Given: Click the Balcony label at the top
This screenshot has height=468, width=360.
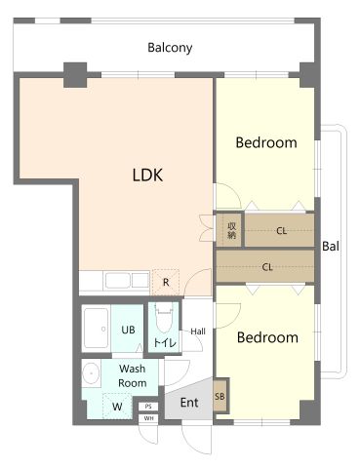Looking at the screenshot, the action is [x=170, y=48].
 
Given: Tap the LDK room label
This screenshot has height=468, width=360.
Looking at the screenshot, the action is [x=147, y=175].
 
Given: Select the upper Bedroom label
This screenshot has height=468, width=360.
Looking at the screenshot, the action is [x=266, y=142].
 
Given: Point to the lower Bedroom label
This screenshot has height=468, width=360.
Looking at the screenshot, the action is [x=267, y=337].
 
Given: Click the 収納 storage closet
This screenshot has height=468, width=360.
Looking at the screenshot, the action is [x=229, y=230].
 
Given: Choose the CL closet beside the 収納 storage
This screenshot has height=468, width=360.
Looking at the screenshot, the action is [x=280, y=230].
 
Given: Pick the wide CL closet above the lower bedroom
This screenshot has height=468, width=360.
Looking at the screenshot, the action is [x=265, y=266].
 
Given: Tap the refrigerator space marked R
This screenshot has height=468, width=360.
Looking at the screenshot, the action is [x=166, y=282].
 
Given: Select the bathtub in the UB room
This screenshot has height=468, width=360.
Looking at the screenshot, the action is [x=96, y=329].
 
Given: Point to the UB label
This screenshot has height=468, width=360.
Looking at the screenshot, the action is [x=128, y=330].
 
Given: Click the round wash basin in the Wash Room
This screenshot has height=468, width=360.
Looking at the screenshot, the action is [x=91, y=372].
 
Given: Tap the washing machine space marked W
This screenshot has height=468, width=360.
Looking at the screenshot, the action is [x=117, y=407].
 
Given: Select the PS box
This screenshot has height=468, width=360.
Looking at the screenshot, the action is [x=148, y=407].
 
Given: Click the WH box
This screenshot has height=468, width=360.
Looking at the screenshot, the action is [x=148, y=418].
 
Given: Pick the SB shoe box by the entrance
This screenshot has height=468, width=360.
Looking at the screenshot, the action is [x=220, y=397].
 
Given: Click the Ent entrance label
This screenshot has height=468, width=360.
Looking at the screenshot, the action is [x=189, y=403].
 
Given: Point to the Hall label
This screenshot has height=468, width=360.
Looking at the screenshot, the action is [x=198, y=331].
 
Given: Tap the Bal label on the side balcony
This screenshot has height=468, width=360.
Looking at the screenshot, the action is [x=331, y=246].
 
